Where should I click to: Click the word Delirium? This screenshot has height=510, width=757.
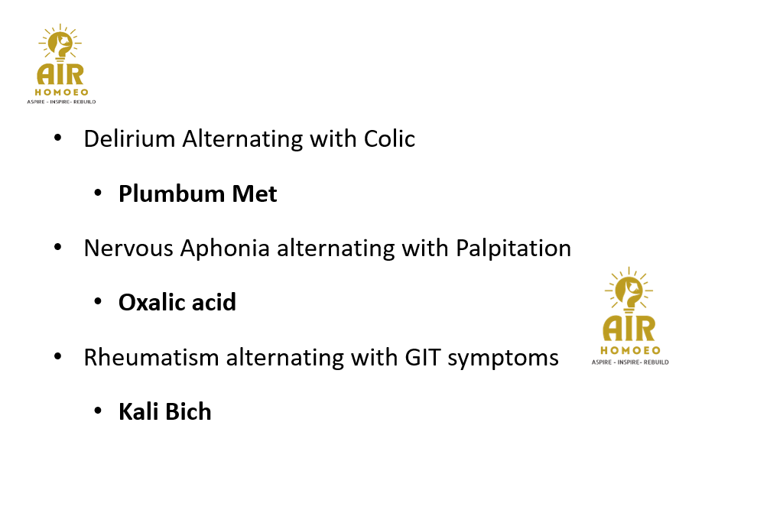(129, 138)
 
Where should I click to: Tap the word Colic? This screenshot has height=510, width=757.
(389, 138)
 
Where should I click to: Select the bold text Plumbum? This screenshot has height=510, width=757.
(171, 193)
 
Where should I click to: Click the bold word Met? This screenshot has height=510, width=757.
(255, 193)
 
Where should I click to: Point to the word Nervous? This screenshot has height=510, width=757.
(128, 249)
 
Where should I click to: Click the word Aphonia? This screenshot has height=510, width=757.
(225, 249)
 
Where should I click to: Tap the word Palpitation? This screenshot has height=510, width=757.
(513, 249)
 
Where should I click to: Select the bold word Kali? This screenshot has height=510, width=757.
(139, 412)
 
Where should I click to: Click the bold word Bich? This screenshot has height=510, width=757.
(190, 412)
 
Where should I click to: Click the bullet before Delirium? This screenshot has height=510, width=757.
(58, 138)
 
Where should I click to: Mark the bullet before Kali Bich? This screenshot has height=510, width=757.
(98, 411)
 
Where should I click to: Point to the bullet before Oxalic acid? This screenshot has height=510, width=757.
(98, 302)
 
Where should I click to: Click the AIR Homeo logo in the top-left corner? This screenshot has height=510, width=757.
(61, 63)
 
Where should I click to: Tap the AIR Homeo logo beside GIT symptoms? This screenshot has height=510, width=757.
(630, 316)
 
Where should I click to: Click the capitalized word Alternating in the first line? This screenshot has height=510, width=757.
(242, 140)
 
